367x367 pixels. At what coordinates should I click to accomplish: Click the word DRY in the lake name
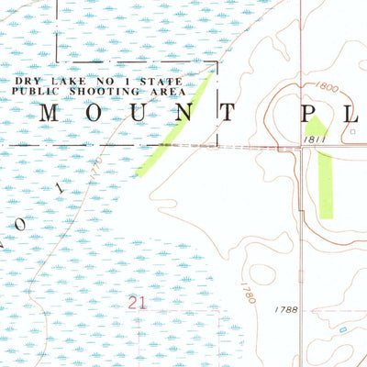(25, 82)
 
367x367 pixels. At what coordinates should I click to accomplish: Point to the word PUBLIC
(34, 92)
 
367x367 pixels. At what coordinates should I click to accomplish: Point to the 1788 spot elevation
(286, 310)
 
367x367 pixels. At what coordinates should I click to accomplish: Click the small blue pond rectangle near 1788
(343, 328)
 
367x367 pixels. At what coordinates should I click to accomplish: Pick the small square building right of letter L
(353, 131)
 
